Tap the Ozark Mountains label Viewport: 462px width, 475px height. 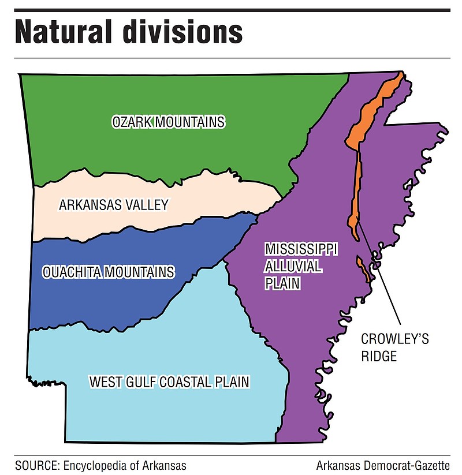pos(168,122)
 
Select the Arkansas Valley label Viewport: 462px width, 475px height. pos(113,204)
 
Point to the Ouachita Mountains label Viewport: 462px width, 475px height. pos(108,271)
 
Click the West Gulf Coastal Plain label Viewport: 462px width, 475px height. pos(169,382)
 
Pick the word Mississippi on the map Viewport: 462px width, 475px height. pos(301,249)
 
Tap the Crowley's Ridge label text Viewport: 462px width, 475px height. pos(394,347)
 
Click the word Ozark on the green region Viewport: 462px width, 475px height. pos(131,122)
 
